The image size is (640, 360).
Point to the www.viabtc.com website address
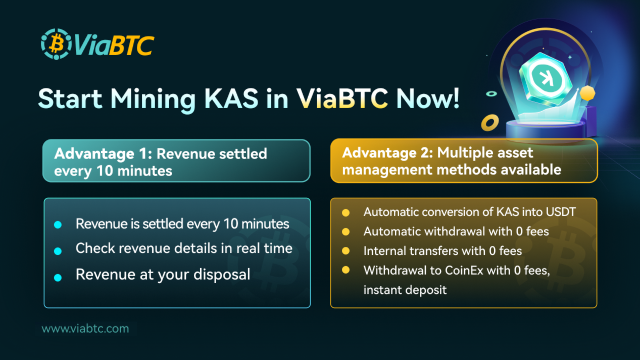pos(85,329)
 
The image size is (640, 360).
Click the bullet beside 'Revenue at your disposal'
pos(58,277)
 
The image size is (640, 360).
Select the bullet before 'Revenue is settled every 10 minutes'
pos(58,225)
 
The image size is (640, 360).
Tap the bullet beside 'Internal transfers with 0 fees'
pos(346,250)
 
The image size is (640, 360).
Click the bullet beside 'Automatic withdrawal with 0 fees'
pos(346,232)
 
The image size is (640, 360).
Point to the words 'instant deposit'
pos(405,290)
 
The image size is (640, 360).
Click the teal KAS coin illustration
pos(545,78)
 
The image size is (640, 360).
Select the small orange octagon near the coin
pos(587,93)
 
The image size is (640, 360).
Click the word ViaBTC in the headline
pos(342,98)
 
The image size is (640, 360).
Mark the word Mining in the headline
pos(152,98)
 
